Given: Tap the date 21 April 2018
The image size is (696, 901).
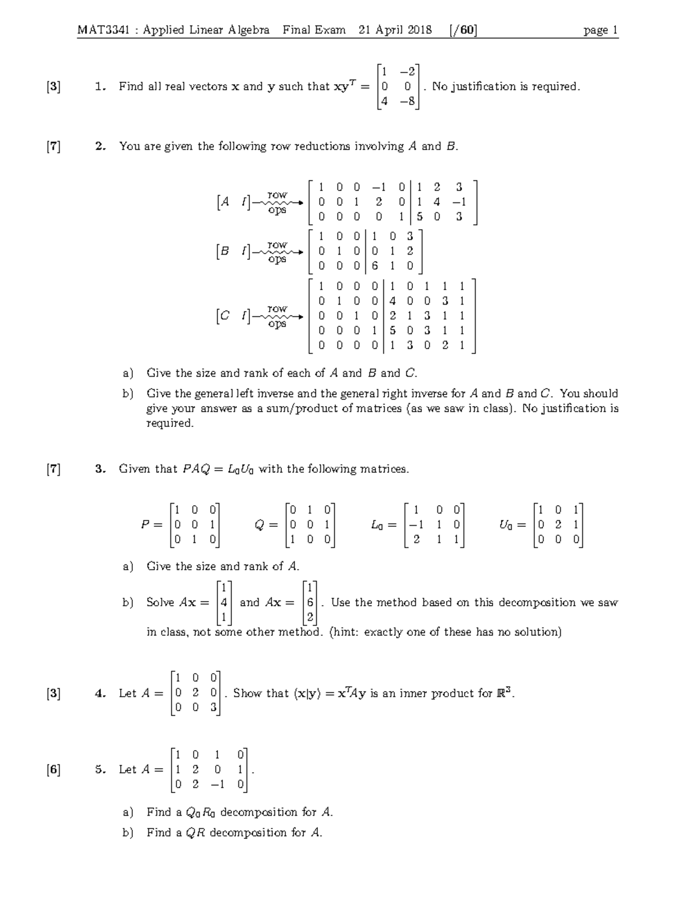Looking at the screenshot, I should click(395, 30).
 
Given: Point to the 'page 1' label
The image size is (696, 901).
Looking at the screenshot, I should click(600, 30).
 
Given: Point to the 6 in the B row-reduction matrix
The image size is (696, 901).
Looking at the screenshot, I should click(375, 266).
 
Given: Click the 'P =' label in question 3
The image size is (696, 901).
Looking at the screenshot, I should click(152, 525).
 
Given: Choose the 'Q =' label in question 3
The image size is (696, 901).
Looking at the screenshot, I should click(266, 525).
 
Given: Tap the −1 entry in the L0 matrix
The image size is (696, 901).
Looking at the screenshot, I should click(416, 525).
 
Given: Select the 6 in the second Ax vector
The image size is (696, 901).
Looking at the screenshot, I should click(311, 603).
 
